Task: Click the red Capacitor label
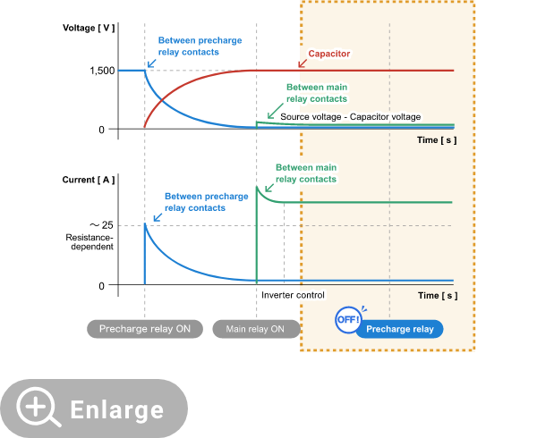point(328,54)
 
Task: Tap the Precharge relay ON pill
point(145,329)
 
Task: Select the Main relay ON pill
point(256,329)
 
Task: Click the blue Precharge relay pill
point(400,329)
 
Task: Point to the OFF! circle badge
point(347,320)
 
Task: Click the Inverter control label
point(293,294)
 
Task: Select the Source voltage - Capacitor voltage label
point(350,117)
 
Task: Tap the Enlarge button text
point(117,409)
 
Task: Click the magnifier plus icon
point(38,409)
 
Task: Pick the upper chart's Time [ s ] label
point(437,139)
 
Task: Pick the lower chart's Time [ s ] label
point(437,295)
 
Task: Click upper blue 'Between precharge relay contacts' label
point(200,46)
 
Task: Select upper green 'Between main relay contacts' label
point(317,93)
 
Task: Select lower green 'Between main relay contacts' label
point(306,173)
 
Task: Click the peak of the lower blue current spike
point(145,223)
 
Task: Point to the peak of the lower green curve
point(257,186)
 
